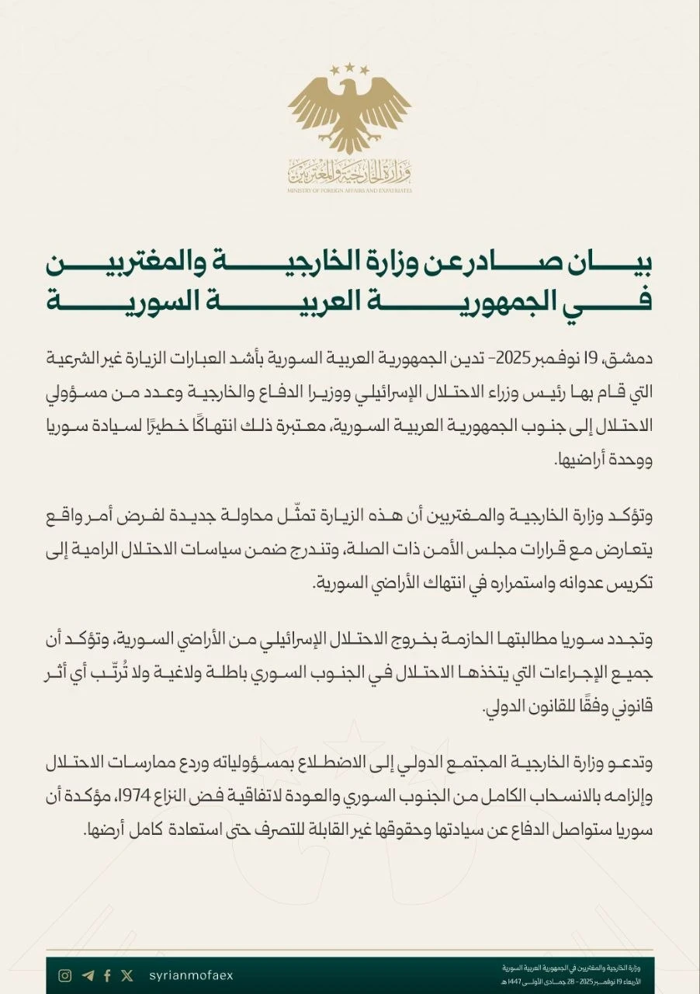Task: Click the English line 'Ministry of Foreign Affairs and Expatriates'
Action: click(350, 190)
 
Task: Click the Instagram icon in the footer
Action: click(66, 975)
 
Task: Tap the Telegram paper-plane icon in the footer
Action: click(88, 975)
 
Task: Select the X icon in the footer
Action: click(127, 975)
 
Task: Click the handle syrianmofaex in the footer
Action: click(190, 975)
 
